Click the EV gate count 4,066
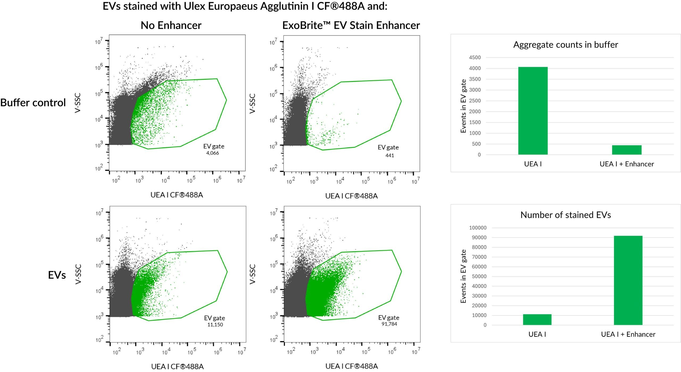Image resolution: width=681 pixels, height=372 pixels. click(x=212, y=153)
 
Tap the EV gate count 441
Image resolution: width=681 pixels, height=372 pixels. click(x=389, y=155)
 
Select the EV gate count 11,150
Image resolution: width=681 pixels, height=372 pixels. click(x=215, y=325)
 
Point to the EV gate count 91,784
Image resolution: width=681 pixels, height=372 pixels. click(x=389, y=324)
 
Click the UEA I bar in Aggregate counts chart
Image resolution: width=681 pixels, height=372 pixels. click(x=533, y=111)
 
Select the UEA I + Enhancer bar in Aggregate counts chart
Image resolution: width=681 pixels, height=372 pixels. click(x=626, y=150)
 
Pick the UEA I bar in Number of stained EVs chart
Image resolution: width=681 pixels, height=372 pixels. click(x=537, y=319)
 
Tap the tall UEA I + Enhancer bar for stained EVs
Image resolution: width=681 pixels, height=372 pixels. click(x=628, y=280)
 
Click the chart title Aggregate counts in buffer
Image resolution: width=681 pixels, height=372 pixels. click(x=566, y=45)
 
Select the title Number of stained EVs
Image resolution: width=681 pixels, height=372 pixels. click(x=566, y=215)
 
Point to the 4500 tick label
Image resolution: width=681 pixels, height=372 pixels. click(x=475, y=57)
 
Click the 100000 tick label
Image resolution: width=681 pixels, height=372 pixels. click(x=478, y=228)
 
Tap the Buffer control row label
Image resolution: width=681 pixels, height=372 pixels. click(x=33, y=103)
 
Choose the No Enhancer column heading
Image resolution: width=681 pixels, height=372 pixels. click(x=171, y=25)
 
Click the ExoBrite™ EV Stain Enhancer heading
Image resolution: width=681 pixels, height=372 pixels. click(x=351, y=25)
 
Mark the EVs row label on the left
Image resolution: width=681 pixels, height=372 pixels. click(x=57, y=275)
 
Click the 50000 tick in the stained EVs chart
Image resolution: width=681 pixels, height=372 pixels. click(x=479, y=276)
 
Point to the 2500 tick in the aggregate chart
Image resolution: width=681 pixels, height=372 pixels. click(x=475, y=101)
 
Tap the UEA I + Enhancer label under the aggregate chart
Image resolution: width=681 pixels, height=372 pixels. click(x=626, y=164)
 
